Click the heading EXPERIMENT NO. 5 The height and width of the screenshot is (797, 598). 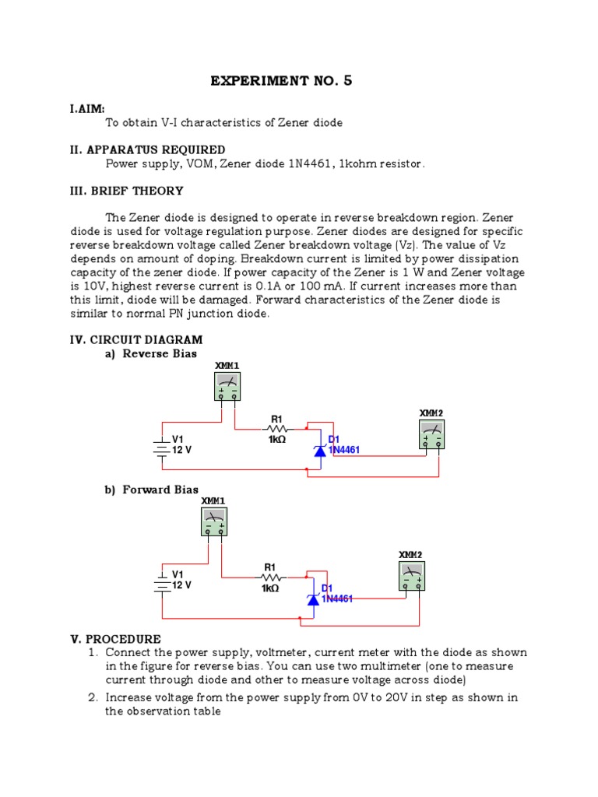(x=281, y=80)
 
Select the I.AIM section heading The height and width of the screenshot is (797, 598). (x=86, y=109)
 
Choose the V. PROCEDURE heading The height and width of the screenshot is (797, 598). (x=115, y=639)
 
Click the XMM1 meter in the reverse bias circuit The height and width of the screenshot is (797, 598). (x=227, y=386)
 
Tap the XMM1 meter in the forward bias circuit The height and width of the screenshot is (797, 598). (x=214, y=521)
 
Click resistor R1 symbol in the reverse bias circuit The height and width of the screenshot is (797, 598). (x=276, y=428)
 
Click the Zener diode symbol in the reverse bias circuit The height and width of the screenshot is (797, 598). (x=319, y=450)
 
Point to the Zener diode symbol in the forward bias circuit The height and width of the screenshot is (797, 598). (x=313, y=599)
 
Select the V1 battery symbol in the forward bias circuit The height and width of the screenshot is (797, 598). (x=161, y=581)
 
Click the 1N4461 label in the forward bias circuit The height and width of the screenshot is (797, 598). (x=337, y=599)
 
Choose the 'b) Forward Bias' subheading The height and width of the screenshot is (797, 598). (x=153, y=490)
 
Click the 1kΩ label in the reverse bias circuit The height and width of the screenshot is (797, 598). (x=277, y=440)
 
